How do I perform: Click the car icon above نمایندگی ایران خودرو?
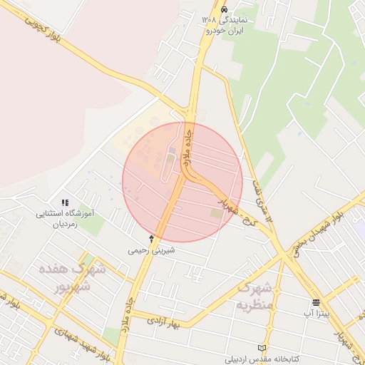click(x=225, y=10)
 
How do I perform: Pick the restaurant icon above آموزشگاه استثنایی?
click(x=65, y=202)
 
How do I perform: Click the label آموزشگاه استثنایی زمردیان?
click(x=65, y=218)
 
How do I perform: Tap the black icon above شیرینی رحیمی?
click(x=151, y=238)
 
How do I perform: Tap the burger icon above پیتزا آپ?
click(x=315, y=302)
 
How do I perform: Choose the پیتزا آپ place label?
click(x=316, y=314)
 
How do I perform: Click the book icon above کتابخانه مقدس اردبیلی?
click(x=262, y=347)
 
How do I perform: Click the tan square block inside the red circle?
click(x=215, y=213)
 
